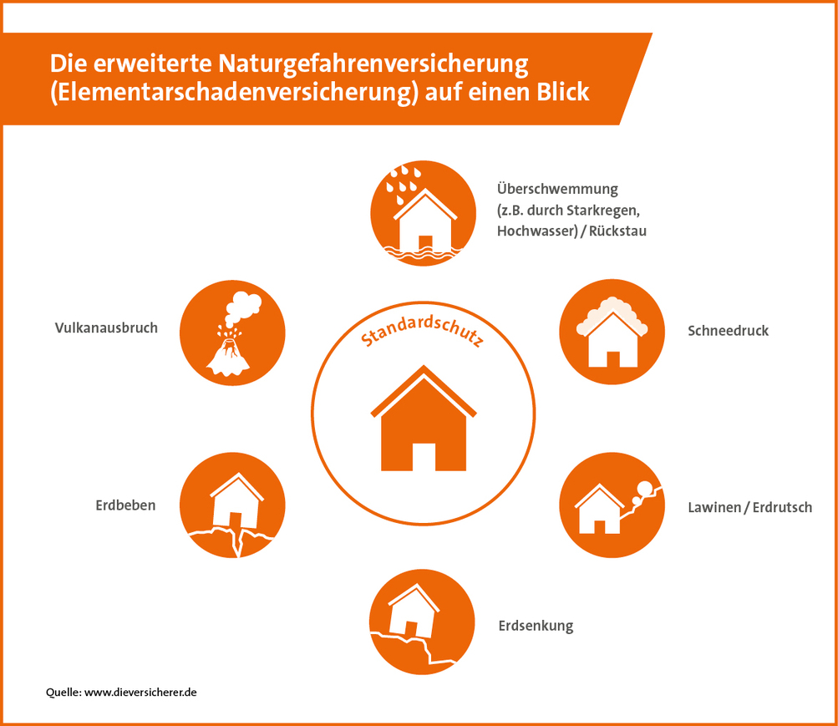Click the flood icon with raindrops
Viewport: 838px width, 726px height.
point(423,212)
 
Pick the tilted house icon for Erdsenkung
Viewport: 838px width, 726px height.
point(423,622)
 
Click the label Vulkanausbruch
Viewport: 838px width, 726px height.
point(105,327)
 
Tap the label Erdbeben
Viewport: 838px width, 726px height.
point(124,505)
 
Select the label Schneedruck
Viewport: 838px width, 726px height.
point(728,331)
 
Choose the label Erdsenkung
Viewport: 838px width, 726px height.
point(536,626)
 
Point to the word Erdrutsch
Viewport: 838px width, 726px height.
point(783,507)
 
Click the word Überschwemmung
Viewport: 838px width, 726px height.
point(557,189)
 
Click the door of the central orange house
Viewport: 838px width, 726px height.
point(424,456)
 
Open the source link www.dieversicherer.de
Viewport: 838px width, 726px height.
point(140,693)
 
